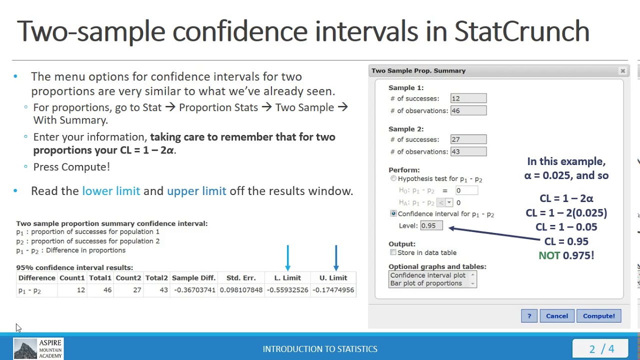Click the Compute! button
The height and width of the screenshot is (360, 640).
pos(598,316)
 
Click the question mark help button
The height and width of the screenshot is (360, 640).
pos(529,316)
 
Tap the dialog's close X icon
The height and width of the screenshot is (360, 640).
pos(622,71)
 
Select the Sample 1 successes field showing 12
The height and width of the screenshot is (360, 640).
pos(468,98)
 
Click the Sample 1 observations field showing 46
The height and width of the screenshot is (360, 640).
pos(468,110)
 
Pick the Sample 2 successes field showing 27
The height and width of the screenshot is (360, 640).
pos(468,139)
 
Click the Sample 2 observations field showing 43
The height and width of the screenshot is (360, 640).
pos(468,151)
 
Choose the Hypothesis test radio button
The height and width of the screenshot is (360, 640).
pos(393,178)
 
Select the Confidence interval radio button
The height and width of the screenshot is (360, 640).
pos(393,213)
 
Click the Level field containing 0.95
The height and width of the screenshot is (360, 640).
pos(431,225)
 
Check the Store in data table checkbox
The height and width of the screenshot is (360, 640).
pos(393,252)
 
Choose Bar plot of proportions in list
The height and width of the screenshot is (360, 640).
pos(426,283)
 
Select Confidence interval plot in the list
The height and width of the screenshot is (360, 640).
pos(427,275)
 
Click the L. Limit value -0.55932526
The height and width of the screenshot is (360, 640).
pos(287,290)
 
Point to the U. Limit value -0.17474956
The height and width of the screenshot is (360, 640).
pos(333,290)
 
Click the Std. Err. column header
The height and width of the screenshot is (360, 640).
pos(241,278)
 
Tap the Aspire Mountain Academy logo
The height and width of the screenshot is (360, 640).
pos(38,348)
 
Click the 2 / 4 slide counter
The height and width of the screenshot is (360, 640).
pos(601,349)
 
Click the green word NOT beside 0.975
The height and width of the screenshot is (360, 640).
pos(549,255)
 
